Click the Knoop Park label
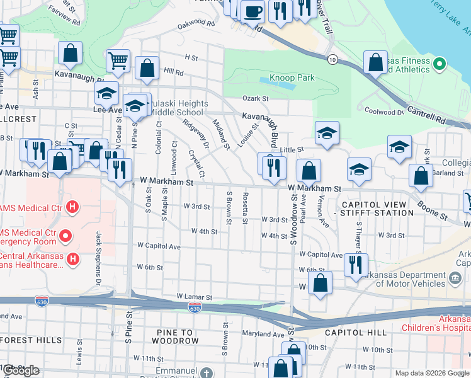[x=292, y=77]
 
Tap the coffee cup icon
[x=253, y=11]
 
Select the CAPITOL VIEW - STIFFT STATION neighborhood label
[x=377, y=209]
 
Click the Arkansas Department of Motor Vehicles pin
[x=453, y=276]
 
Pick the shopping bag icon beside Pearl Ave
[x=309, y=171]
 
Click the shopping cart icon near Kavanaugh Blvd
[x=118, y=60]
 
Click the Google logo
[x=21, y=370]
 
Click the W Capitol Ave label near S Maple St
[x=159, y=246]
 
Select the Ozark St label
[x=256, y=98]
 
